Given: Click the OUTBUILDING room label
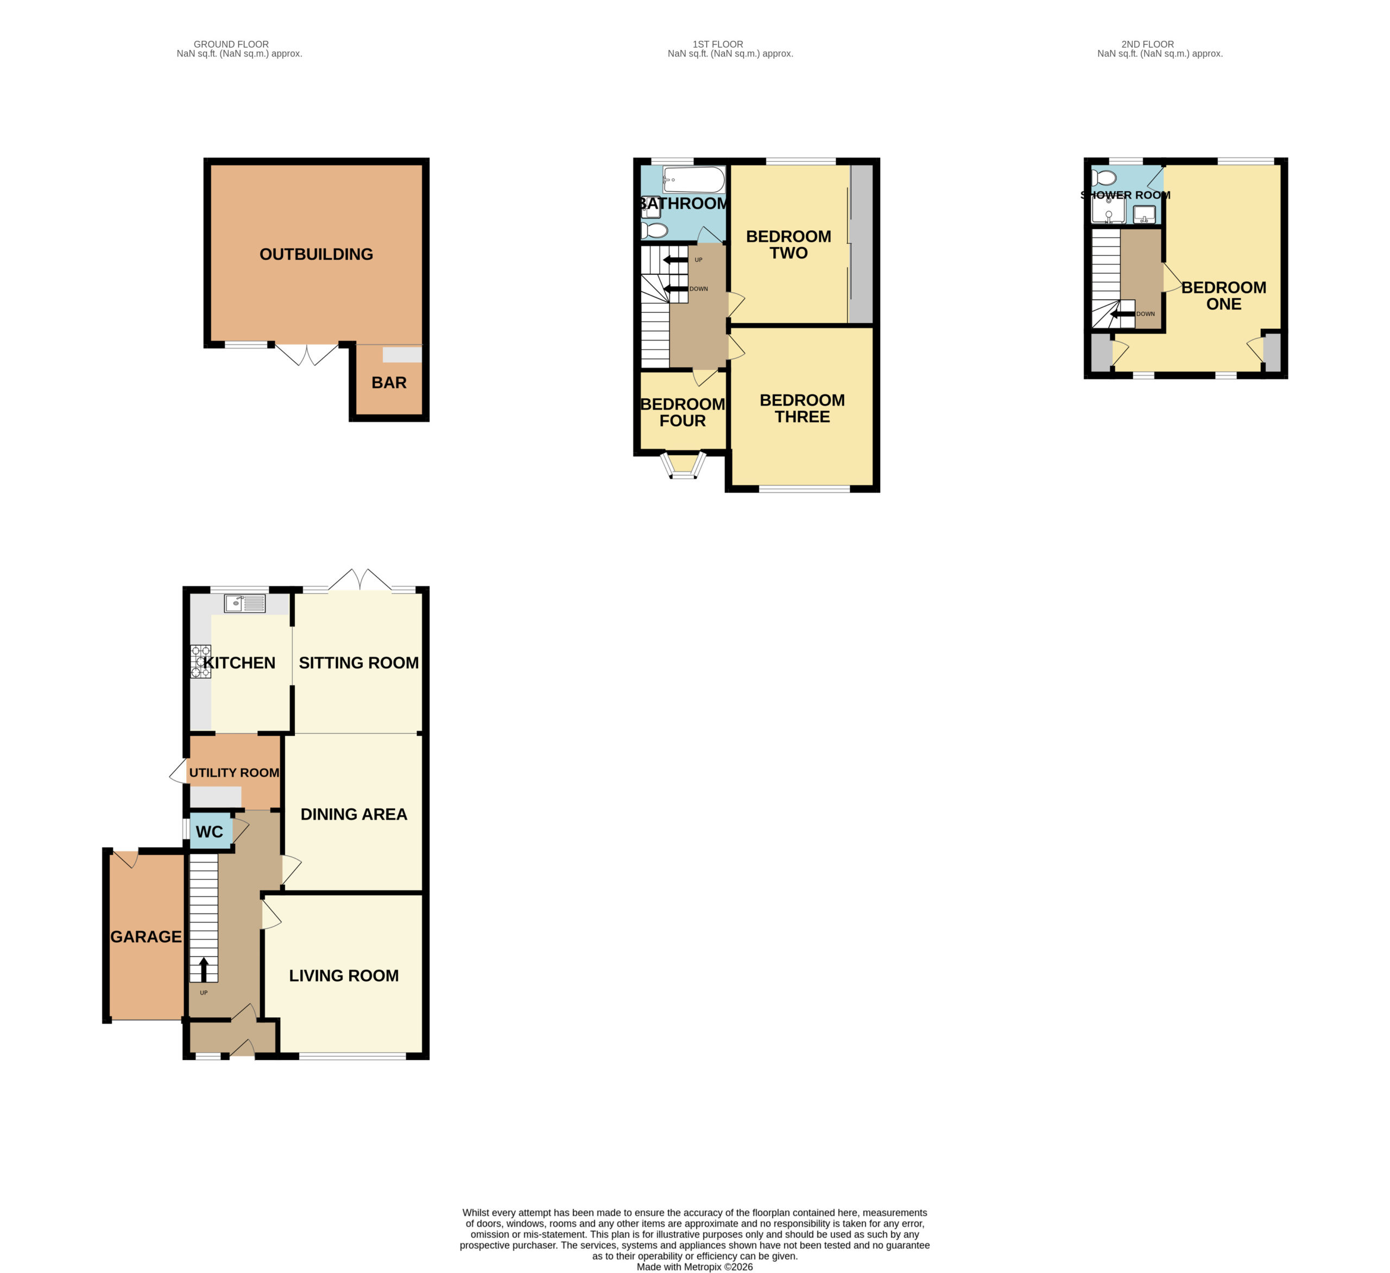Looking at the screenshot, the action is point(316,255).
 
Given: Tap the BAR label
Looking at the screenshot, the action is point(389,383).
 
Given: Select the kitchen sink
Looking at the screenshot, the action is point(245,603).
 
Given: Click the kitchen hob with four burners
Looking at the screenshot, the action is point(201,662).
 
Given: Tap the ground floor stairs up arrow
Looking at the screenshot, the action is point(204,969).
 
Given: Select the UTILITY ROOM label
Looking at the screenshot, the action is point(235,773).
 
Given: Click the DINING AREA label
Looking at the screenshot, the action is point(353,815).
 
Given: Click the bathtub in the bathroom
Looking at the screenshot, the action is point(693,180).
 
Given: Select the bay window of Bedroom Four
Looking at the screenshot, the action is point(683,465).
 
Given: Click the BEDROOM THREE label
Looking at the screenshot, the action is point(802,409).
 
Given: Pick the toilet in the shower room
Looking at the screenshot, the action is point(1104,178).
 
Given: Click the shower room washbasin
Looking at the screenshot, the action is point(1145,215).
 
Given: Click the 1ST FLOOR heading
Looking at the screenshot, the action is point(718,44).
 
